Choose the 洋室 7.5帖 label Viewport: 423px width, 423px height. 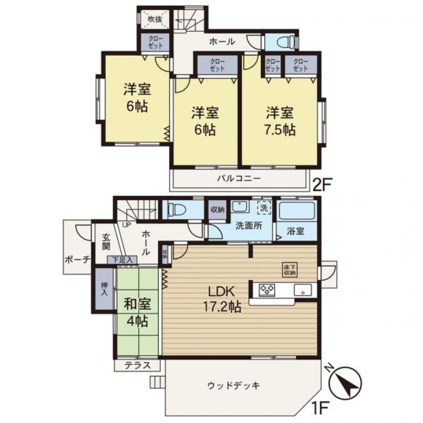280,120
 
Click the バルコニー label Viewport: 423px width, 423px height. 239,179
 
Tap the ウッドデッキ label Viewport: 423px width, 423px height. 233,386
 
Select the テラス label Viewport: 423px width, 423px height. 138,365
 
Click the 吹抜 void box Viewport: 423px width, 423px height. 155,20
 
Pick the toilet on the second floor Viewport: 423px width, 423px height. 280,42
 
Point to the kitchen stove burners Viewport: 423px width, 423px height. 266,290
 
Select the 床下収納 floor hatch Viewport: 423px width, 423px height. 288,270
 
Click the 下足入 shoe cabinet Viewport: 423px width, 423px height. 122,259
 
